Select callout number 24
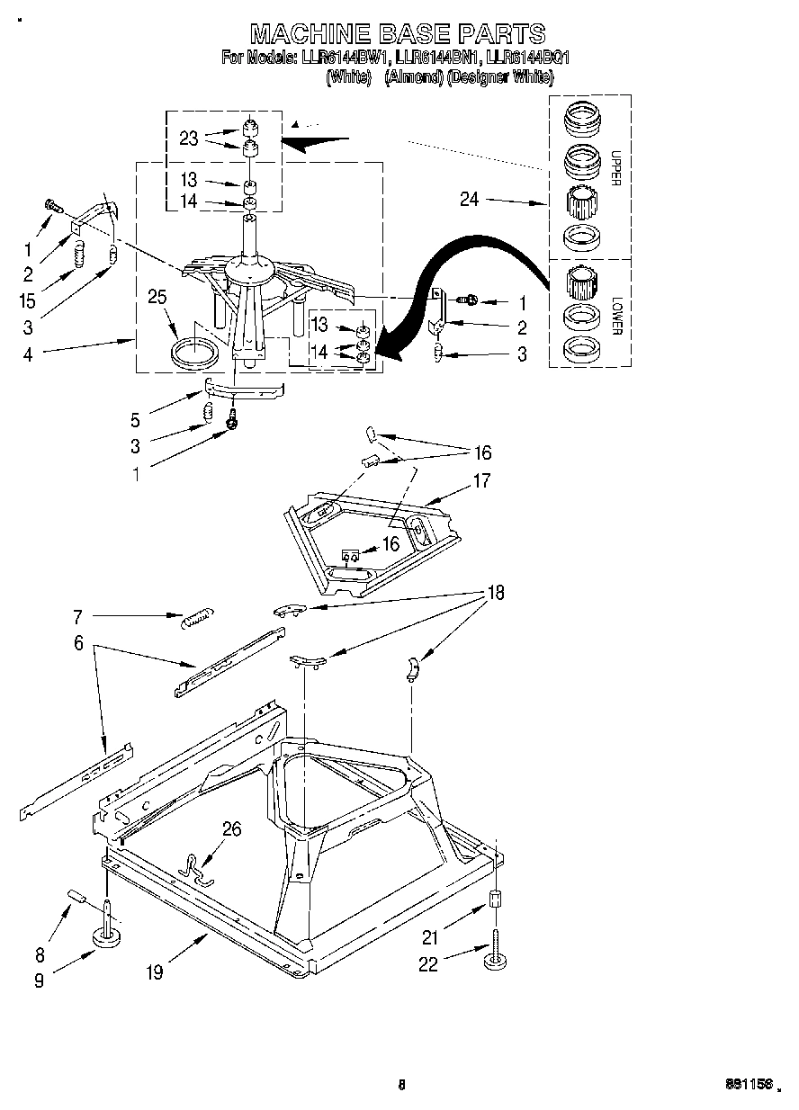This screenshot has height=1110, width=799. (470, 200)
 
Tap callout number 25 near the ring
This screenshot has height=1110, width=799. (157, 296)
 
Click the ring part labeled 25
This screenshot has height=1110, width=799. (195, 352)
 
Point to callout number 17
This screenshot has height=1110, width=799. (481, 481)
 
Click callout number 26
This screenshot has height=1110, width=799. (231, 829)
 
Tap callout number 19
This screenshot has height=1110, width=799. (155, 972)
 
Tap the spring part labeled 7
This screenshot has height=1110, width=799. (195, 620)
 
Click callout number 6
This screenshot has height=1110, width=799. (78, 644)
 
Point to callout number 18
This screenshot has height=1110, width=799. (494, 593)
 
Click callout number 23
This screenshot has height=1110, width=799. (188, 138)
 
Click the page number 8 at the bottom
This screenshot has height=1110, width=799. (401, 1086)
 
